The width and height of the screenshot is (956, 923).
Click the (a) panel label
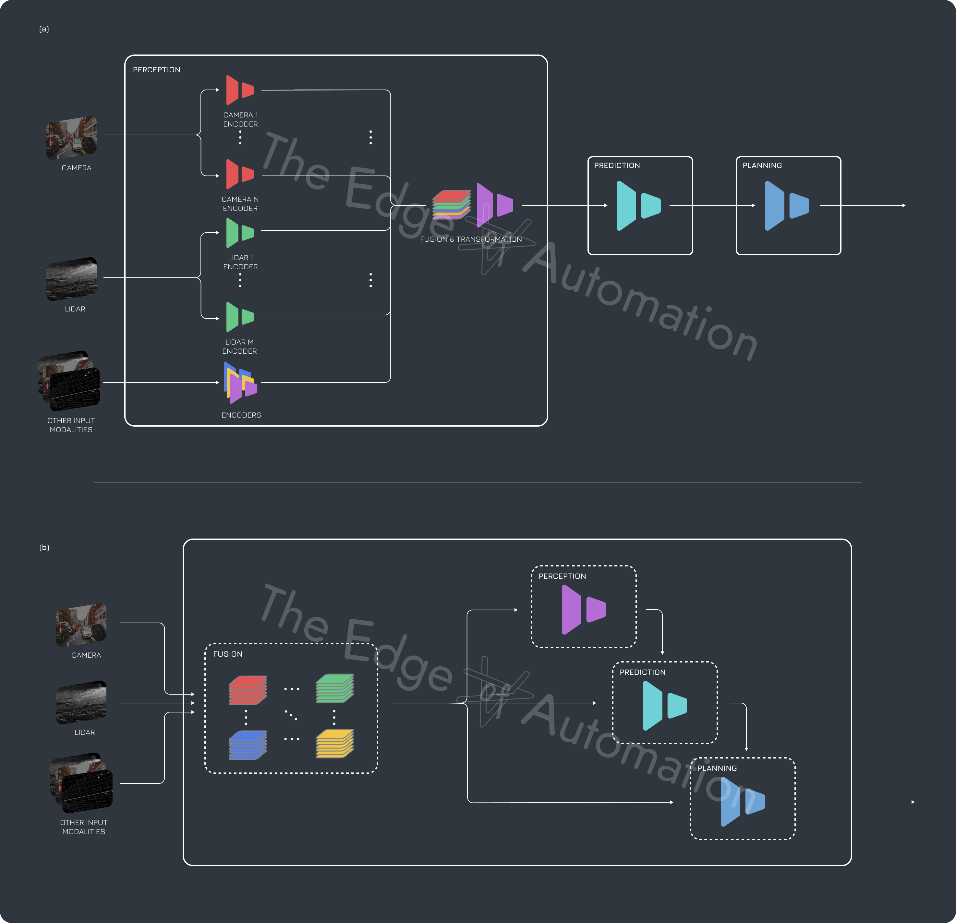click(44, 29)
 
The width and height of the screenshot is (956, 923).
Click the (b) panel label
click(44, 547)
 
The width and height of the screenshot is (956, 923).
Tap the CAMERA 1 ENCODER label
click(240, 119)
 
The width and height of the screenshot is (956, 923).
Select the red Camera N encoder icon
click(239, 174)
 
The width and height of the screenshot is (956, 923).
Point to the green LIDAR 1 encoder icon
click(239, 233)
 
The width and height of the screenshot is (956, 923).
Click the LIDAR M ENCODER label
click(239, 346)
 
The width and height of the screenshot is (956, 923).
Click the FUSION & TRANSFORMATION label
click(471, 239)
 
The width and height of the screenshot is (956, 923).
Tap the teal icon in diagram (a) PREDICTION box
click(638, 205)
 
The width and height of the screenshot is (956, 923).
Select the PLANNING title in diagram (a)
click(762, 165)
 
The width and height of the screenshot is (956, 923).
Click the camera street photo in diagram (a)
click(72, 138)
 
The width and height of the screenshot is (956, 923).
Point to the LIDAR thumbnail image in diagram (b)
click(81, 702)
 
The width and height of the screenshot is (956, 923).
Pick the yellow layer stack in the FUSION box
click(334, 744)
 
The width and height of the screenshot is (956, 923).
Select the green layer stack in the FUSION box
click(334, 688)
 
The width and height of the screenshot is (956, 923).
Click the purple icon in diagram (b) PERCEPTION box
click(583, 610)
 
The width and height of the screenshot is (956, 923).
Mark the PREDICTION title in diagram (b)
click(642, 672)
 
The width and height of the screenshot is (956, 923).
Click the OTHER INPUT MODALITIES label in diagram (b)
click(84, 827)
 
